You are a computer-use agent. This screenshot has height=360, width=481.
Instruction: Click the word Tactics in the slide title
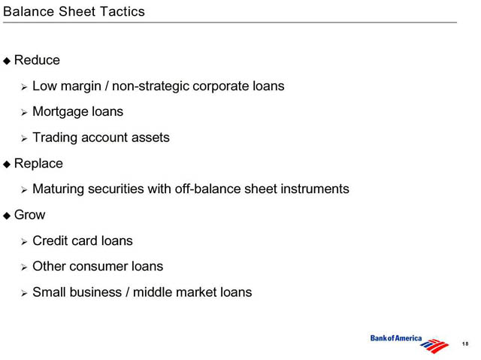point(122,12)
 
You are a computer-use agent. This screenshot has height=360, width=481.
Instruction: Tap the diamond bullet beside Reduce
point(7,61)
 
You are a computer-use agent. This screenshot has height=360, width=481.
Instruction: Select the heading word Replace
point(38,164)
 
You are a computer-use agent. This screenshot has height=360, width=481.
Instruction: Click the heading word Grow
point(30,215)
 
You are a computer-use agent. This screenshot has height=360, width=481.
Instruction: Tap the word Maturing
point(59,189)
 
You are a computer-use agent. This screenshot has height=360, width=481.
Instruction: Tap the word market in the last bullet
point(196,292)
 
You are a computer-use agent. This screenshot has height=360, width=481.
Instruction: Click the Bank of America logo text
point(396,338)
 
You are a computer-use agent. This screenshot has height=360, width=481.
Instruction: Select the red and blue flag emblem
point(434,346)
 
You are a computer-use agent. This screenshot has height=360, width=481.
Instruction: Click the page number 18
point(465,343)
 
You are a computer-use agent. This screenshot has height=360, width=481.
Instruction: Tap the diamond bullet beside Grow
point(7,216)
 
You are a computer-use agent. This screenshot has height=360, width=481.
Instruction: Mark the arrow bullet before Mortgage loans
point(24,113)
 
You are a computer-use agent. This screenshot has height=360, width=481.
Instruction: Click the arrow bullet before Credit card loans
point(24,242)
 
